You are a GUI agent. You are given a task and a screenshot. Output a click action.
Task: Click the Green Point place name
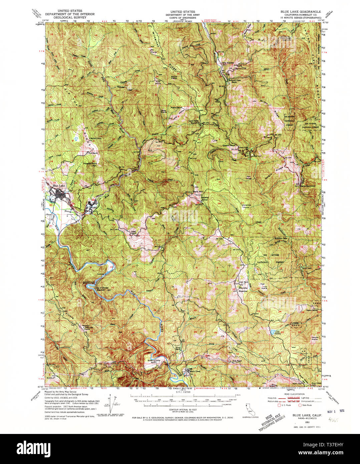[x=229, y=146]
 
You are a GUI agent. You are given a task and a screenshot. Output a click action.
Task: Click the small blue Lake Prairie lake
[x=273, y=332]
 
